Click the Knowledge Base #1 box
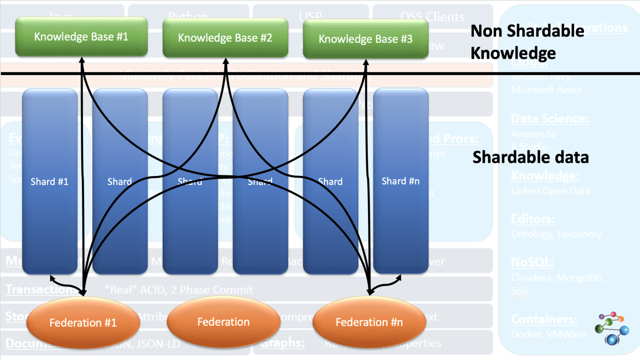click(x=81, y=37)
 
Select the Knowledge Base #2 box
click(x=225, y=38)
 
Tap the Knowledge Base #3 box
click(x=365, y=39)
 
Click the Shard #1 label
click(x=49, y=182)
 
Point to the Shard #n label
click(x=400, y=181)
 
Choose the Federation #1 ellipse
click(x=83, y=322)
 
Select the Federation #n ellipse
click(x=369, y=322)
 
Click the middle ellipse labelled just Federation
click(x=223, y=322)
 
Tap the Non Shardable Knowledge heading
click(x=527, y=42)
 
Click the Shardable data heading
click(x=530, y=157)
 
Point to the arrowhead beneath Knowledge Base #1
click(x=82, y=61)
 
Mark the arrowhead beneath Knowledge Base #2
click(x=226, y=62)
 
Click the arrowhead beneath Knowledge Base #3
click(x=366, y=62)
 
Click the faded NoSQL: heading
click(x=532, y=262)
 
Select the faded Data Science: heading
click(x=550, y=119)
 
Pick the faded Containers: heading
click(x=544, y=320)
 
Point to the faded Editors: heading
click(x=533, y=219)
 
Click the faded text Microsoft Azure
click(x=547, y=90)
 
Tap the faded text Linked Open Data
click(x=550, y=191)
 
